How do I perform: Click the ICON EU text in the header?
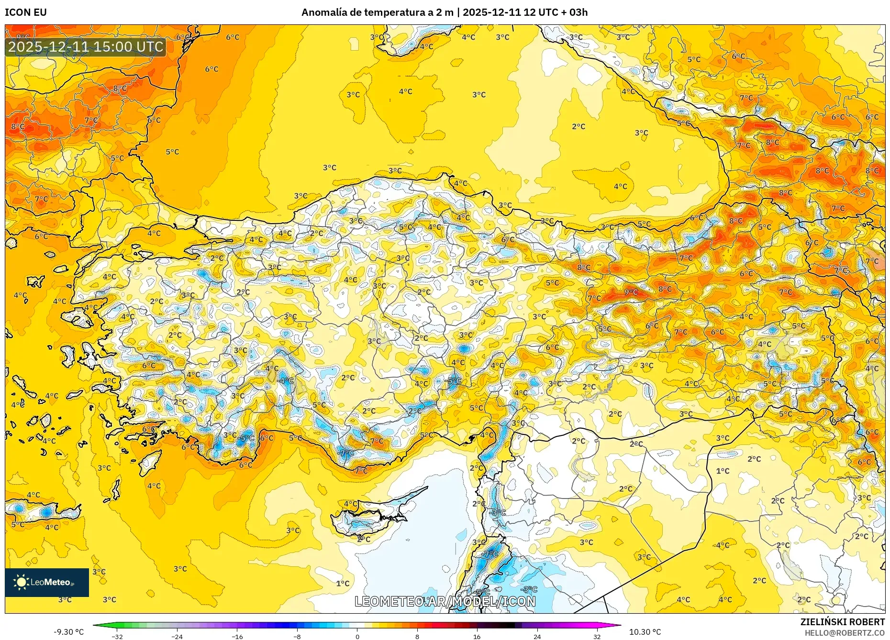[x=26, y=12]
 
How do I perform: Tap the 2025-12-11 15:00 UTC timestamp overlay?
[x=86, y=47]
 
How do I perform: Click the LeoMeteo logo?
[x=47, y=582]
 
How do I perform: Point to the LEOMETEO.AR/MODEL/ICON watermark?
[x=445, y=601]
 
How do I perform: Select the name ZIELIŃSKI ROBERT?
[x=842, y=622]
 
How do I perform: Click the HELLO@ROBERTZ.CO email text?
[x=844, y=633]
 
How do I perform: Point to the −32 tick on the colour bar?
[x=117, y=637]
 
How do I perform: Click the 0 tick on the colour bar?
[x=357, y=637]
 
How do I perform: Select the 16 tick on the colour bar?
[x=477, y=637]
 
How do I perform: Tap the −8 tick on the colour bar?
[x=297, y=637]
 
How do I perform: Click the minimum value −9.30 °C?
[x=68, y=632]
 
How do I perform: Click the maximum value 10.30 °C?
[x=645, y=632]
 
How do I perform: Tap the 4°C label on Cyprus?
[x=350, y=504]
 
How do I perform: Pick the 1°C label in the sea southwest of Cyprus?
[x=343, y=583]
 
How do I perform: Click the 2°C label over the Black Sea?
[x=578, y=127]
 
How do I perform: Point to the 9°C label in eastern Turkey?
[x=631, y=292]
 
